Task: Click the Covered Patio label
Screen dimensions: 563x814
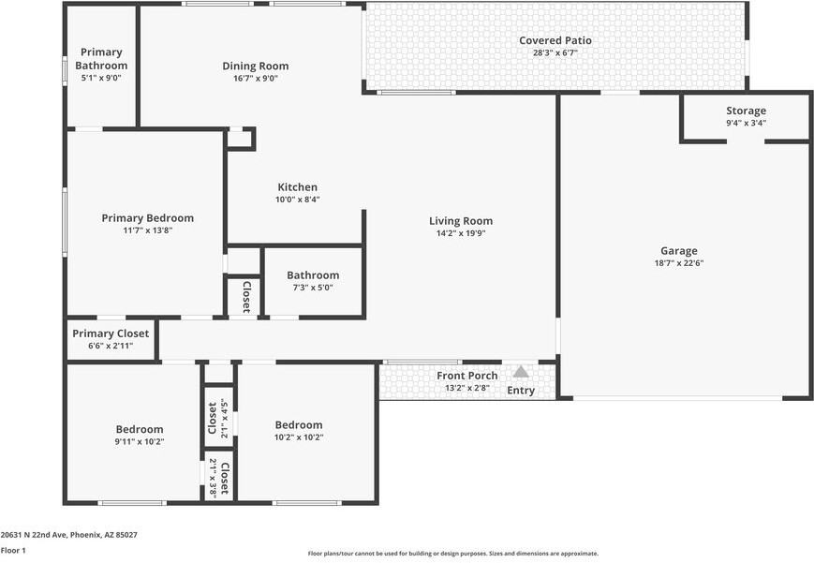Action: tap(555, 40)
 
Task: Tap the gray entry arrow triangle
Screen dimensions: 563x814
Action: tap(521, 372)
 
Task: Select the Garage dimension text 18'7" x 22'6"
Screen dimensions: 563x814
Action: tap(679, 263)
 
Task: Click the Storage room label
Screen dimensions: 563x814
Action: tap(746, 111)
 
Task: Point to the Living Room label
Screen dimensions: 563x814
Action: tap(461, 221)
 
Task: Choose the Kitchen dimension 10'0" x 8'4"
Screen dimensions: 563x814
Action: tap(297, 200)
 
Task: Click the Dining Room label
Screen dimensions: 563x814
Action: tap(255, 66)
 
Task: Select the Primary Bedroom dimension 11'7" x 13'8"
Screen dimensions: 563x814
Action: tap(148, 230)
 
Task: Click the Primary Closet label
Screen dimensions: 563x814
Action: tap(111, 333)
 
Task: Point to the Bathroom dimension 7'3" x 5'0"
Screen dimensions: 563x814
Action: tap(313, 288)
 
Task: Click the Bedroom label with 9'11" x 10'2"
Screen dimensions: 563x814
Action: tap(140, 429)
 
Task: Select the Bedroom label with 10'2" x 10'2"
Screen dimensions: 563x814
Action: tap(299, 424)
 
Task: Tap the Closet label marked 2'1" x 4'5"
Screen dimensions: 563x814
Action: tap(213, 419)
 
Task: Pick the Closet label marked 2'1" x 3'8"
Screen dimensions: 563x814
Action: tap(226, 477)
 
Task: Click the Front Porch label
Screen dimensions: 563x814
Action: tap(466, 376)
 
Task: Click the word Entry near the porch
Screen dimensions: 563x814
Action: tap(521, 391)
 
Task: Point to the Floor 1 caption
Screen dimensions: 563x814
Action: tap(13, 550)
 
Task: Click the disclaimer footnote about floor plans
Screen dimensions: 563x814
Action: tap(453, 554)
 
